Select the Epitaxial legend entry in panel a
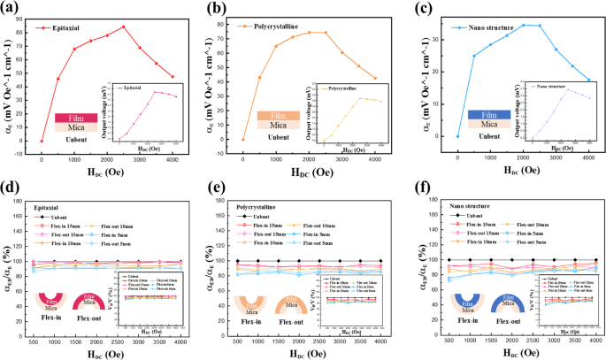61,28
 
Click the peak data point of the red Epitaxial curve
124,27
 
